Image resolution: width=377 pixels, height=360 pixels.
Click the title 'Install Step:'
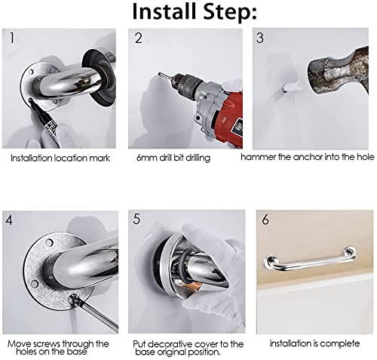click(195, 12)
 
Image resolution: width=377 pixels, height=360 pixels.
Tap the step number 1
click(11, 38)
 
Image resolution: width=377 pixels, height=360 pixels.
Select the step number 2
click(139, 38)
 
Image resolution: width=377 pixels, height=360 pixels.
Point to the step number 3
click(260, 38)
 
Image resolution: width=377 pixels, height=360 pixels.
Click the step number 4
click(9, 220)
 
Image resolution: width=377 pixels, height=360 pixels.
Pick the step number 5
click(136, 219)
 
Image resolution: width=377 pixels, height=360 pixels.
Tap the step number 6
click(265, 220)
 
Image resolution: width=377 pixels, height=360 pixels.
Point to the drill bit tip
click(159, 74)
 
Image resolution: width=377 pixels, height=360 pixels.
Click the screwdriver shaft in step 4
click(100, 315)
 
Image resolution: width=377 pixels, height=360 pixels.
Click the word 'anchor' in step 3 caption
click(308, 157)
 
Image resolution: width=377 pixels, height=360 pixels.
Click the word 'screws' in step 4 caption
click(47, 343)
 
